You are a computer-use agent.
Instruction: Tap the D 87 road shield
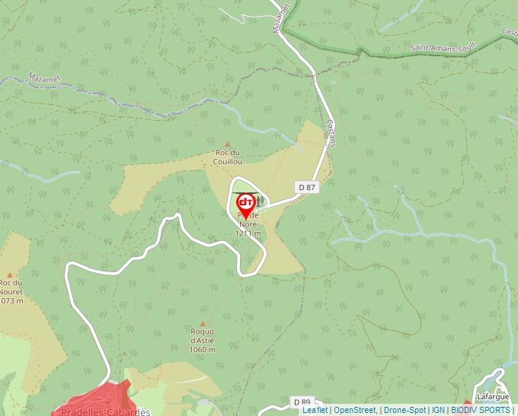(306, 186)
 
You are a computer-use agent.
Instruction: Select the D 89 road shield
(302, 401)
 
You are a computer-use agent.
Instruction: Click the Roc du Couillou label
(228, 157)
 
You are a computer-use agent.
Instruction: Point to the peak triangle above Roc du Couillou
(227, 143)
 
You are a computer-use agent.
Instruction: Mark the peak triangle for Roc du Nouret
(10, 275)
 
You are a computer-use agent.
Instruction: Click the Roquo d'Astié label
(203, 335)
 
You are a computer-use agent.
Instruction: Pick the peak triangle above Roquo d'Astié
(203, 323)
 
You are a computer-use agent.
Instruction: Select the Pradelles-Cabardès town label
(102, 411)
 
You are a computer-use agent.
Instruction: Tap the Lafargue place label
(492, 397)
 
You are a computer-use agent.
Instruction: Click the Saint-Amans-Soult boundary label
(443, 47)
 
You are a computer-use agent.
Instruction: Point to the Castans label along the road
(331, 132)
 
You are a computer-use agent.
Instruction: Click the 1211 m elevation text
(248, 233)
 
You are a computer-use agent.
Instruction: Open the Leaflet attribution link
(315, 411)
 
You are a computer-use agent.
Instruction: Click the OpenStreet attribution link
(355, 411)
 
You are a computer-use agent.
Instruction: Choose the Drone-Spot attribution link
(404, 411)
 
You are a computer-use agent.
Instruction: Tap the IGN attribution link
(438, 411)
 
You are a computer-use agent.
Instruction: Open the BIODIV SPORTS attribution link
(480, 411)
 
